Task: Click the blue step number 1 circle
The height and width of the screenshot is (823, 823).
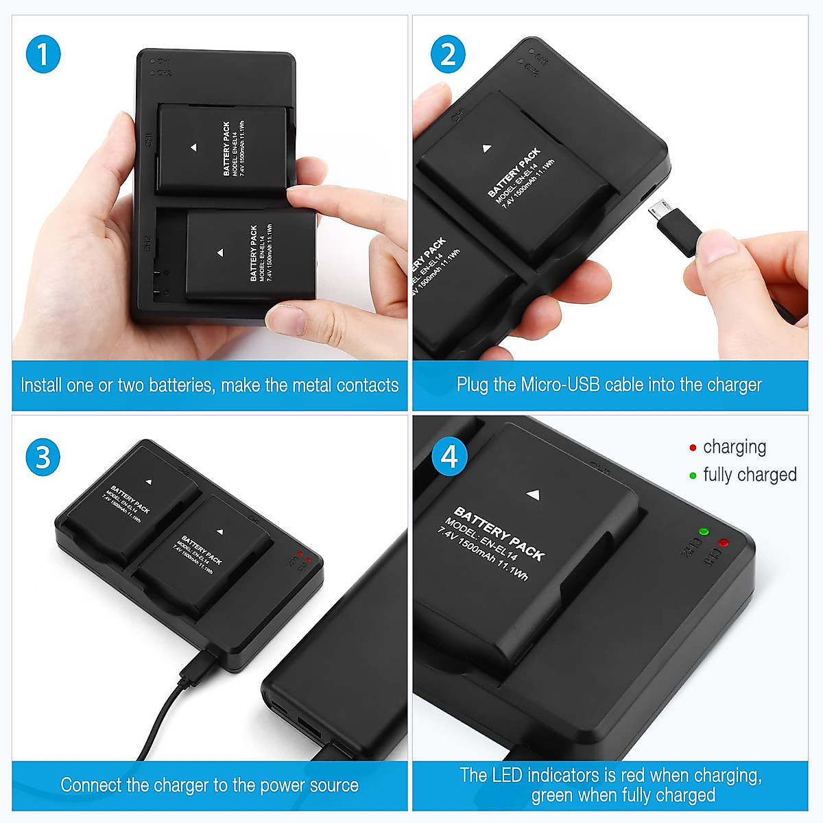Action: coord(43,55)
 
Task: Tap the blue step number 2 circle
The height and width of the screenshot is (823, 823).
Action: coord(448,55)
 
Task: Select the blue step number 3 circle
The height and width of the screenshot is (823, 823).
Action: coord(43,457)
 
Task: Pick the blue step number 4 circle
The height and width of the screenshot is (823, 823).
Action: coord(449,457)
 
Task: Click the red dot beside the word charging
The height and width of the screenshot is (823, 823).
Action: coord(693,448)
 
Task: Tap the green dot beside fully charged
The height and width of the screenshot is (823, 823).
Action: coord(693,475)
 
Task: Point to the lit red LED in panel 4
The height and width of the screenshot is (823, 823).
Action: coord(723,542)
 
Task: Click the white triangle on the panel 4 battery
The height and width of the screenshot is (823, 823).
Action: coord(534,494)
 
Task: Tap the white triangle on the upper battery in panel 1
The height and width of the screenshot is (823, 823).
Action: coord(193,147)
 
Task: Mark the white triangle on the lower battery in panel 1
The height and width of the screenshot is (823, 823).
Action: coord(219,253)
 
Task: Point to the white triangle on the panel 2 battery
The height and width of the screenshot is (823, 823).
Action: coord(486,148)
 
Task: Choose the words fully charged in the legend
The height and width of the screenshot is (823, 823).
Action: coord(750,475)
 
